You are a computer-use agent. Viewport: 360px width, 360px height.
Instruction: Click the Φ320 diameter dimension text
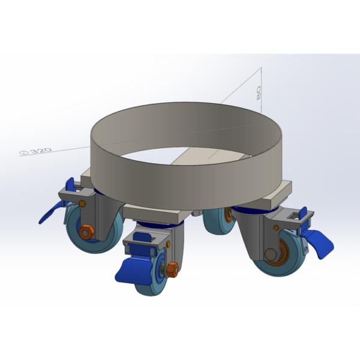pyautogui.click(x=36, y=151)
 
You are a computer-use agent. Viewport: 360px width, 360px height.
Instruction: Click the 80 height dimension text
pyautogui.click(x=259, y=93)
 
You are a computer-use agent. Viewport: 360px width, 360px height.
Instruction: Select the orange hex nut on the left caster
pyautogui.click(x=86, y=232)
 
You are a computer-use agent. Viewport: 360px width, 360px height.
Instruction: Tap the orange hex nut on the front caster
pyautogui.click(x=172, y=269)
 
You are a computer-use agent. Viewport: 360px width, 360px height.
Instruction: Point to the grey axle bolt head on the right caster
pyautogui.click(x=271, y=254)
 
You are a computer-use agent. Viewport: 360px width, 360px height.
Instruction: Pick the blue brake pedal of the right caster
pyautogui.click(x=318, y=244)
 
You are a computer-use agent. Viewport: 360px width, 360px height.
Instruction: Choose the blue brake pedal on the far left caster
pyautogui.click(x=49, y=213)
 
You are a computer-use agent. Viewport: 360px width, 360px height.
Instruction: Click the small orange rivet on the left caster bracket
pyautogui.click(x=82, y=203)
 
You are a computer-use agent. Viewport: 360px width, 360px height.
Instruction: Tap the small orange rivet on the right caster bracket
pyautogui.click(x=276, y=228)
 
